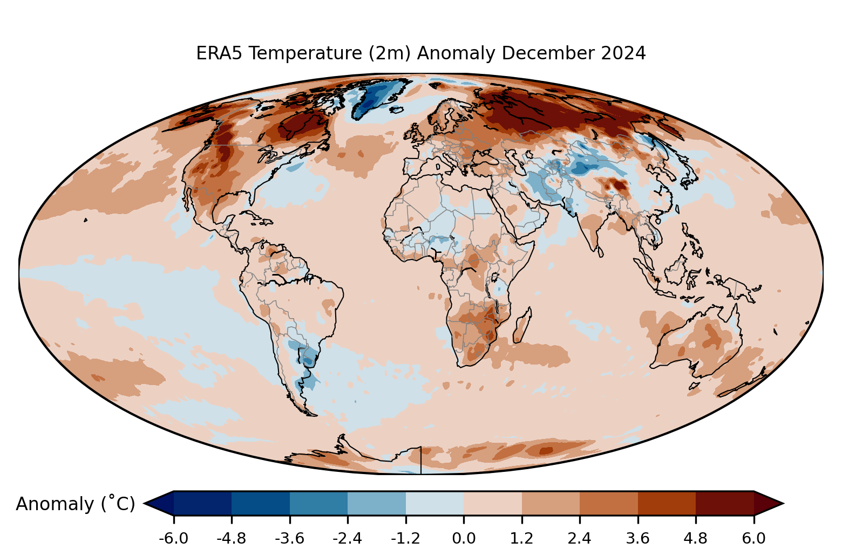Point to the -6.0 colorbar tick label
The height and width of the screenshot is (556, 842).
(173, 538)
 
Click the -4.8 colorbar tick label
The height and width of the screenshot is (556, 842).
(232, 538)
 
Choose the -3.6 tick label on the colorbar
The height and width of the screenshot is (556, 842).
(289, 538)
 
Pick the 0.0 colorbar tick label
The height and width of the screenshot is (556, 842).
(464, 538)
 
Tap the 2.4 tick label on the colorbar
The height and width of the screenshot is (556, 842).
(580, 538)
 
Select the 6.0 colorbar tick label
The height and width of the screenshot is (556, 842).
(753, 538)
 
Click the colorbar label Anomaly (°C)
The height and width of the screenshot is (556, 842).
(75, 504)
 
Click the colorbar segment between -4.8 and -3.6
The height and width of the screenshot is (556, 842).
(261, 504)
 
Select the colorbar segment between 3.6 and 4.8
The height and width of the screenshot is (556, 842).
(667, 504)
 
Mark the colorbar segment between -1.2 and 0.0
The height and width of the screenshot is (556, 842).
(434, 504)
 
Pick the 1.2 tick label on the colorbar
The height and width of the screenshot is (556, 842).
(521, 538)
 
